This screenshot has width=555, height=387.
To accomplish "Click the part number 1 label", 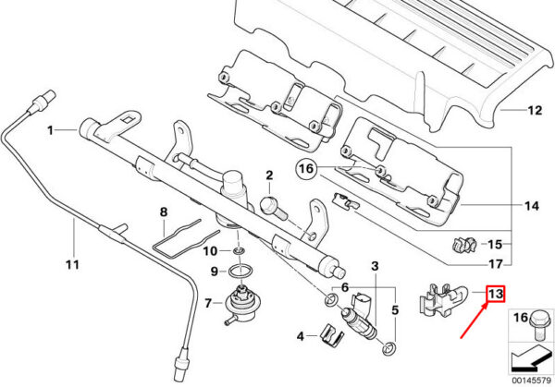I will [x=52, y=130].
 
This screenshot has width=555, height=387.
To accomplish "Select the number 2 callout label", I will [x=269, y=175].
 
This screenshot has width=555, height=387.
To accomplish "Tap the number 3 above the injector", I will [x=375, y=267].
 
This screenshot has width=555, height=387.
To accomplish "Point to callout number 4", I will [x=300, y=334].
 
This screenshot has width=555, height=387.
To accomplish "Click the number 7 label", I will [x=209, y=303].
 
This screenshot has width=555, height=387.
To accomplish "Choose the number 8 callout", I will [x=163, y=212].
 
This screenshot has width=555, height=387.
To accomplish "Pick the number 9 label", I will [x=213, y=271].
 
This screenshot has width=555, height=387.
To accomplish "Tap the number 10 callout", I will [x=210, y=250].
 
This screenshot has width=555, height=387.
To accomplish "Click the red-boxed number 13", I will [x=496, y=295].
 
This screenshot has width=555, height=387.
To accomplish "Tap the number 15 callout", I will [x=494, y=245].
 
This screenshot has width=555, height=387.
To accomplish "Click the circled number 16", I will [x=306, y=169].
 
